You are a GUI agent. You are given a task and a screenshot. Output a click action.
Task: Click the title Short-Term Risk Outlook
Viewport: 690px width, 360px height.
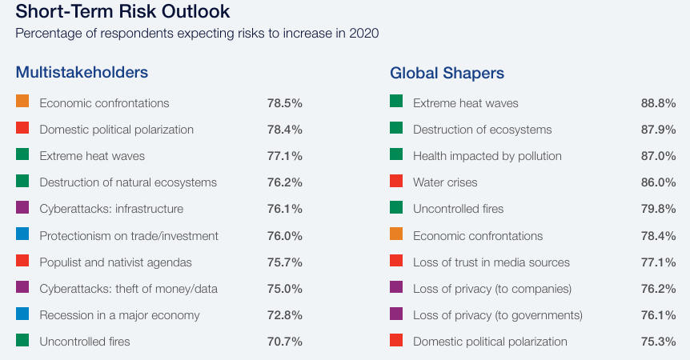pos(122,12)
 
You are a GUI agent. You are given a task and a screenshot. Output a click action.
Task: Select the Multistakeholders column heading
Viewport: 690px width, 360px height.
pos(82,73)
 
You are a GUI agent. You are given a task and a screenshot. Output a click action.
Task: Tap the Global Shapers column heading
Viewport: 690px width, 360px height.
pos(447,73)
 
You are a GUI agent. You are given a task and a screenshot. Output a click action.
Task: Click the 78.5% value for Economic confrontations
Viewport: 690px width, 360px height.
pos(284,103)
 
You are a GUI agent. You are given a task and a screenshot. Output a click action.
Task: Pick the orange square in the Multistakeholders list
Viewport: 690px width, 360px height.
pos(22,102)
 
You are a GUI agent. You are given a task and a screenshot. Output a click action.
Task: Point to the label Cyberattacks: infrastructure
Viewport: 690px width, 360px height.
pos(111,209)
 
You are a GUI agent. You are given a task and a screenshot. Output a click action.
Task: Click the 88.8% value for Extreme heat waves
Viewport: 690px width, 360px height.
pos(658,103)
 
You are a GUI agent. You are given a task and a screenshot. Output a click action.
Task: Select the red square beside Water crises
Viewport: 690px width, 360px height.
pos(396,181)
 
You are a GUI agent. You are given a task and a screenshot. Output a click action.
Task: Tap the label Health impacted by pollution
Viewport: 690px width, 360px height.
pos(487,156)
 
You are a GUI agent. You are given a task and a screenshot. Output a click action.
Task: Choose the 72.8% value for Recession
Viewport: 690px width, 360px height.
pos(284,315)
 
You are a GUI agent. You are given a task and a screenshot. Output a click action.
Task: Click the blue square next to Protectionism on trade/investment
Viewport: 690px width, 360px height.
pos(22,234)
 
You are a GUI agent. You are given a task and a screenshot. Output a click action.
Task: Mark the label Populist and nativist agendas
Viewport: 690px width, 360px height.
pos(115,262)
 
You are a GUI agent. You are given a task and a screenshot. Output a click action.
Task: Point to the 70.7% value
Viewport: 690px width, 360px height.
pos(284,342)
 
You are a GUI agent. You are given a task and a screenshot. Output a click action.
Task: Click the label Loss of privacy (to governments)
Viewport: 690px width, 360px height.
pos(498,315)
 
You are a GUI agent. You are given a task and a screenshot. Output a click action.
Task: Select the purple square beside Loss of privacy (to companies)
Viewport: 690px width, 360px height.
pos(396,286)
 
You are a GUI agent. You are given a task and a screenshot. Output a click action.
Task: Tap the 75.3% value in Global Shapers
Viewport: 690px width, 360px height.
pos(658,342)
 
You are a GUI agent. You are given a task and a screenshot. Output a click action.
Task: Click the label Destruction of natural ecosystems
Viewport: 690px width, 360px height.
pos(128,182)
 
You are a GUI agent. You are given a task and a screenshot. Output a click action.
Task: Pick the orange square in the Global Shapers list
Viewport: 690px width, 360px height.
pos(396,234)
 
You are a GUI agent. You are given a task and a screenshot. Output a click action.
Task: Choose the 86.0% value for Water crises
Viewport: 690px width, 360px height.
pos(658,182)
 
